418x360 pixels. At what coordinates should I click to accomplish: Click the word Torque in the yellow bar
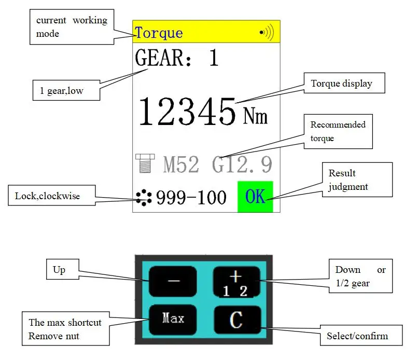click(x=159, y=33)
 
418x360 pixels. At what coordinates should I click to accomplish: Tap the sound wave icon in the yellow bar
click(x=267, y=33)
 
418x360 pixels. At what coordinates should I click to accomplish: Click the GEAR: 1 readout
click(x=177, y=58)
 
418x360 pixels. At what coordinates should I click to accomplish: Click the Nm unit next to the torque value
click(x=255, y=116)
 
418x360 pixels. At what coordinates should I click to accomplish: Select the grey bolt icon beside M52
click(x=144, y=163)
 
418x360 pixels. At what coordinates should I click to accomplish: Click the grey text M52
click(x=180, y=165)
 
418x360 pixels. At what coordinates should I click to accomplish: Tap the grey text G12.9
click(x=242, y=165)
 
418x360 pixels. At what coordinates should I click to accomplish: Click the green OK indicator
click(x=255, y=197)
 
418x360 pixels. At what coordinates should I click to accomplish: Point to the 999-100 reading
click(x=191, y=198)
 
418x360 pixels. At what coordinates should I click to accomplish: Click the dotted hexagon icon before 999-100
click(x=144, y=197)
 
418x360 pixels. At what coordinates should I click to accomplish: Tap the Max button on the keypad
click(x=173, y=318)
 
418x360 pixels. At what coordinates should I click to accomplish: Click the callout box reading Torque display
click(x=341, y=83)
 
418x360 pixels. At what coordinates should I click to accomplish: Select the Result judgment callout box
click(x=358, y=179)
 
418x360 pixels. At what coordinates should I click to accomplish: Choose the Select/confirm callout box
click(x=357, y=336)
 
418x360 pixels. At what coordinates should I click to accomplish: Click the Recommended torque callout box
click(x=338, y=131)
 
